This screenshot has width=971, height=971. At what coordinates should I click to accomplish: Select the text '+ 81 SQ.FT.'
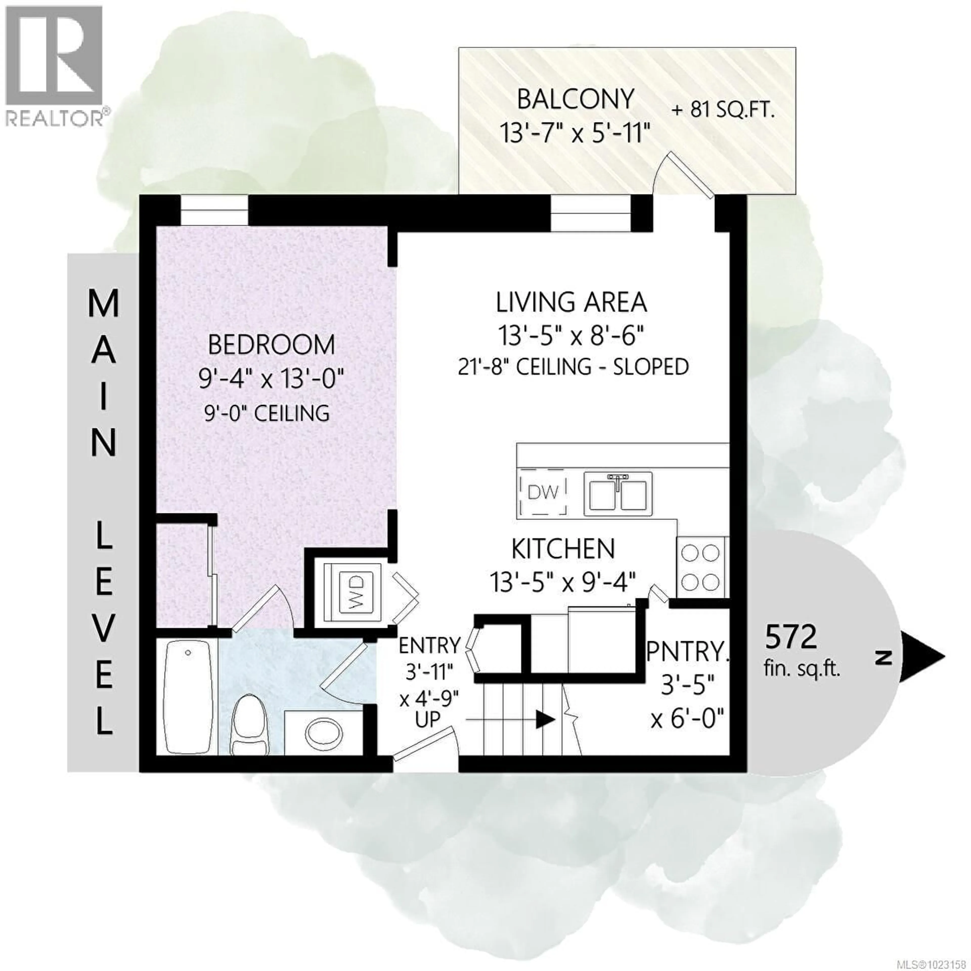[723, 110]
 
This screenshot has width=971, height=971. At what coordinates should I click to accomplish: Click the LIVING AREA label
[571, 303]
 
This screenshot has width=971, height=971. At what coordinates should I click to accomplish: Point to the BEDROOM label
[271, 345]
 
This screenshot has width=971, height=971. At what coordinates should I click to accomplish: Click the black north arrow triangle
[921, 657]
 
